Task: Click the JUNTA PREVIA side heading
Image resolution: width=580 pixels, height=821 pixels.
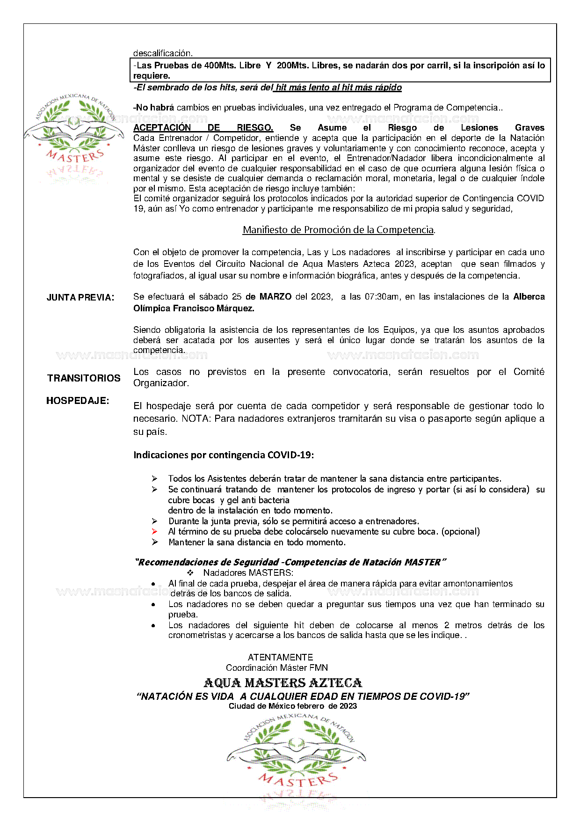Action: pos(80,298)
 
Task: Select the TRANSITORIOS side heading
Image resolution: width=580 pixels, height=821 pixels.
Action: pos(84,378)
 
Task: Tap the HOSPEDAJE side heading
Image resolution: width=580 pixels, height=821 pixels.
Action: pos(78,401)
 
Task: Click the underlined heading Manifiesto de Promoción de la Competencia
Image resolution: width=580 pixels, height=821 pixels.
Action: pos(339,230)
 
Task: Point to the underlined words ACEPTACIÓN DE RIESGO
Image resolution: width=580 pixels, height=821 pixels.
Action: pos(203,128)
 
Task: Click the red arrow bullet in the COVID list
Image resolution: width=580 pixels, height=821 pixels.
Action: pos(155,532)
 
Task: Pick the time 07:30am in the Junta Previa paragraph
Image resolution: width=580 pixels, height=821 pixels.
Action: pos(383,297)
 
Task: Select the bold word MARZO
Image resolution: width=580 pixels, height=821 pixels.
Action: pos(275,297)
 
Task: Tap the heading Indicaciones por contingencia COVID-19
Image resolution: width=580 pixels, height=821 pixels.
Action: pos(224,455)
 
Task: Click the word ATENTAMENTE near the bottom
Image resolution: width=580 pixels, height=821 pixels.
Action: pos(280,657)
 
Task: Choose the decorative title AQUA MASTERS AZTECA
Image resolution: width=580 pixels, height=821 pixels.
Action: pos(283,683)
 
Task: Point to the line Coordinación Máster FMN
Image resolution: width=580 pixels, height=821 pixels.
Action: pos(277,668)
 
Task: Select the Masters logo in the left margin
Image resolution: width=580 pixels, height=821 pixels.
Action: pos(74,136)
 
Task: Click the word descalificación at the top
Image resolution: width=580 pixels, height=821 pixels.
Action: pos(163,53)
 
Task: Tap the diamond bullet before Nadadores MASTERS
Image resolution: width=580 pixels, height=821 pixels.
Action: pos(190,573)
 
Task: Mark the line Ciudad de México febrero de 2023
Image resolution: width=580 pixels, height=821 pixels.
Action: pos(293,706)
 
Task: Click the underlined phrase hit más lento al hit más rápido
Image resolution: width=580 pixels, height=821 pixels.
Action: pos(339,88)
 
